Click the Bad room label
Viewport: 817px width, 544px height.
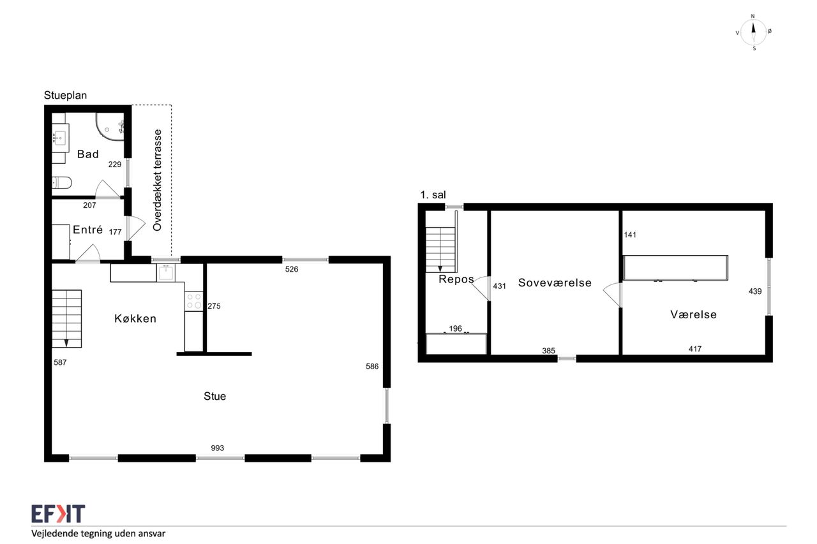(x=88, y=154)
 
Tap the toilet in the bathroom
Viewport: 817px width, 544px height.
(x=62, y=182)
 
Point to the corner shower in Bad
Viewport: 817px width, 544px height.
(x=110, y=126)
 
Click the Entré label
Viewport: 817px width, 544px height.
(x=87, y=230)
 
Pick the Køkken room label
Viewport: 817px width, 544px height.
(x=135, y=318)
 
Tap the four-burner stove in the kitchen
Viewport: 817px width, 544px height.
(x=193, y=301)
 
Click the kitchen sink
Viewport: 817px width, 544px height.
(x=166, y=272)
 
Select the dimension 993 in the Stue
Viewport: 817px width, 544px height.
(x=218, y=448)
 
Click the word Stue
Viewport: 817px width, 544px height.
(x=215, y=396)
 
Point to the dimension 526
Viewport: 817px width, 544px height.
(x=292, y=269)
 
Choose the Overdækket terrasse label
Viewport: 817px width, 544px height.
(x=157, y=180)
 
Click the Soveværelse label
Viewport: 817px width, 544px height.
(x=555, y=283)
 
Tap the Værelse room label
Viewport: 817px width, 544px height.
(x=693, y=314)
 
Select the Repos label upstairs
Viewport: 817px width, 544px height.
(x=456, y=279)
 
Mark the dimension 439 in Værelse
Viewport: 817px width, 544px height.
(x=755, y=291)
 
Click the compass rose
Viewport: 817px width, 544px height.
(x=754, y=33)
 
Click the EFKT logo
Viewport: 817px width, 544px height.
(x=58, y=514)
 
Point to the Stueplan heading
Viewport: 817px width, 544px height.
(x=65, y=96)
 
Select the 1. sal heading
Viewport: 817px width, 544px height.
(x=433, y=195)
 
